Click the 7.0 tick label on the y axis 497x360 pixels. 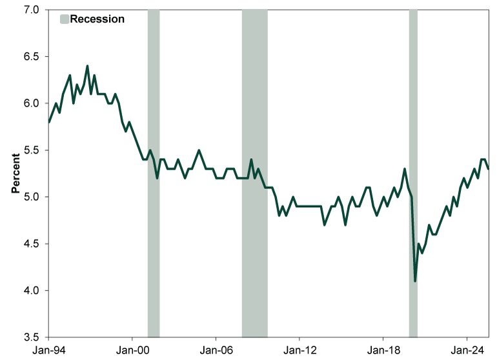click(x=32, y=10)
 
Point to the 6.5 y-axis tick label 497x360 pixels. click(x=32, y=57)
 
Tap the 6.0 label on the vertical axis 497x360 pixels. click(x=32, y=103)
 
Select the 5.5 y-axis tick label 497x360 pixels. click(x=32, y=150)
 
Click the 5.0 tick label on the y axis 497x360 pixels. click(x=32, y=197)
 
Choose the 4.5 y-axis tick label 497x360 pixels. click(x=32, y=244)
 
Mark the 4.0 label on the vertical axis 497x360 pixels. click(x=32, y=290)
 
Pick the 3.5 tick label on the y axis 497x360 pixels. click(x=32, y=337)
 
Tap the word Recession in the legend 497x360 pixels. click(x=97, y=19)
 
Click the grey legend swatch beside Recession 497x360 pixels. click(x=63, y=19)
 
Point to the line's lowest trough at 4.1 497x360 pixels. click(x=415, y=281)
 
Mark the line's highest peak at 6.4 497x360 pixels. click(x=87, y=66)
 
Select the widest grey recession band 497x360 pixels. click(x=254, y=174)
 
